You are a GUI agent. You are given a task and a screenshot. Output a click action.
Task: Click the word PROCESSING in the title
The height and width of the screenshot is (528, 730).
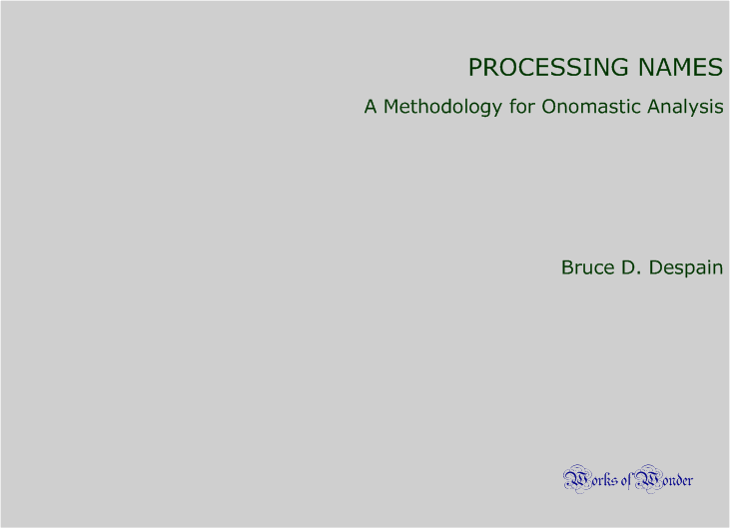coord(548,67)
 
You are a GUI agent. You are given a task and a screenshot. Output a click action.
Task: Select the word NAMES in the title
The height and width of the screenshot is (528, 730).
coord(680,67)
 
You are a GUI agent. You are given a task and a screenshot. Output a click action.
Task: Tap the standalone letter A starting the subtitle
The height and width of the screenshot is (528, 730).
coord(370,107)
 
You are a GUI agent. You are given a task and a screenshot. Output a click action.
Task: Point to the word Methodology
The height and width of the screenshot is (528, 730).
coord(442,108)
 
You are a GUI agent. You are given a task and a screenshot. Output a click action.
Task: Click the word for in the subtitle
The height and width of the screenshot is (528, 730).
coord(522,107)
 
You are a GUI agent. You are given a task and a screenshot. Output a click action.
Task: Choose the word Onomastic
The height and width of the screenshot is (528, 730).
coord(591,107)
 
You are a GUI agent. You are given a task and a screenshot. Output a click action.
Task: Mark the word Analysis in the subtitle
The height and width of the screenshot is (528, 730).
coord(685,108)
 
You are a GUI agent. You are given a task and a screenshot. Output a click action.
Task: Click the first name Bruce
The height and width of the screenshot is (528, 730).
coord(587,267)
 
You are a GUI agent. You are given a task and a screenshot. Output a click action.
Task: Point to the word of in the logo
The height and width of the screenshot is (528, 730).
coord(626,480)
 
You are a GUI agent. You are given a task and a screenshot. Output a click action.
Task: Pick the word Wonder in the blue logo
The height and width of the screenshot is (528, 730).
coord(664,479)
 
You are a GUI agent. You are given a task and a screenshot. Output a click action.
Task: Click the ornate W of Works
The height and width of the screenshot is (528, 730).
coord(576,479)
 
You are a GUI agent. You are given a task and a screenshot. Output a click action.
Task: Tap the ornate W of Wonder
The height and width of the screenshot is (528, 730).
coord(648,479)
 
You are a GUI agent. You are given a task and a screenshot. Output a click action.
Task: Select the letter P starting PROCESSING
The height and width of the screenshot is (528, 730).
coord(475,67)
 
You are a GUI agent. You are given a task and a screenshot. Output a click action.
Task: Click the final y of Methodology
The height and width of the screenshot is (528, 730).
coord(496,110)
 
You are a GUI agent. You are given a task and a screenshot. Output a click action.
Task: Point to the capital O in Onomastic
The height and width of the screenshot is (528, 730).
coord(549,107)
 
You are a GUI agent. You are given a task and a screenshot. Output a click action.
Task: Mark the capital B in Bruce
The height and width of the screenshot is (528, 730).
coord(567,267)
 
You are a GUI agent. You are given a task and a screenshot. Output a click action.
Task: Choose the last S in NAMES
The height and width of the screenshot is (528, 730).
coord(716,67)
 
